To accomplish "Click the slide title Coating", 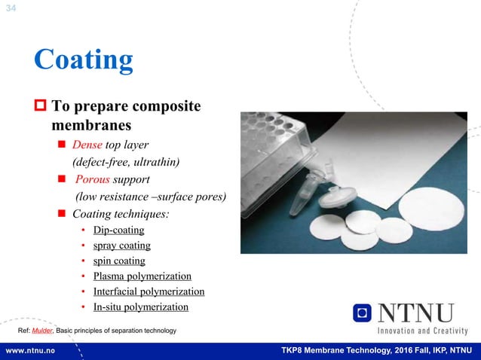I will click(x=84, y=59).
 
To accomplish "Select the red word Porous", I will click(x=93, y=179).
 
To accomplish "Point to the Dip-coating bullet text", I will click(x=118, y=230).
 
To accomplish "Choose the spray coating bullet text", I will click(x=121, y=246).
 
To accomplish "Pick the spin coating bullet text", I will click(x=119, y=261).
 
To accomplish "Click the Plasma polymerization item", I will click(x=142, y=276).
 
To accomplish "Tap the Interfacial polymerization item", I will click(x=149, y=291).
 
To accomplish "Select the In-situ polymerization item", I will click(x=140, y=307).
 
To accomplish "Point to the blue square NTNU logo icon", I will click(x=363, y=313).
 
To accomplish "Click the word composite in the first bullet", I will click(x=172, y=106).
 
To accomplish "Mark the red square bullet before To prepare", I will click(x=41, y=106).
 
